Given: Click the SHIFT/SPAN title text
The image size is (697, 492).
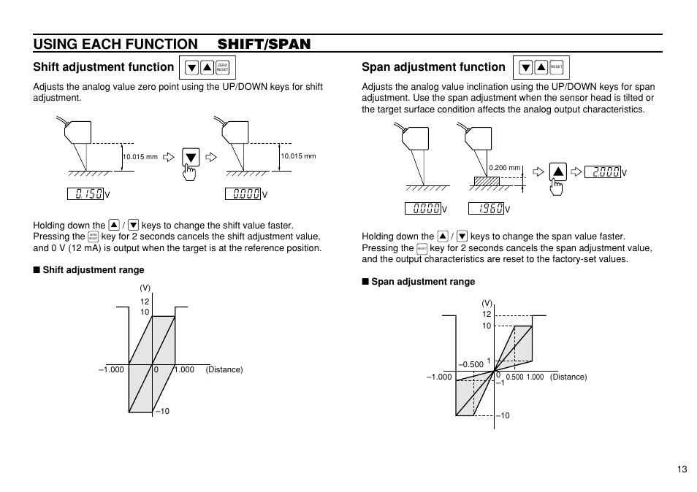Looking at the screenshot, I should tap(264, 44).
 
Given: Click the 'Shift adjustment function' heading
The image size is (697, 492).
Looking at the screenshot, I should tap(103, 67).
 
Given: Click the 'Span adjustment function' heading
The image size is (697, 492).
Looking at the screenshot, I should tap(433, 67).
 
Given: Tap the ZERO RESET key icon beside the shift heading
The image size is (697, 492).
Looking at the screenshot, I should tap(223, 68).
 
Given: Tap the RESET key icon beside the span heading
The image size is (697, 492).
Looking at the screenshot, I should tap(557, 68).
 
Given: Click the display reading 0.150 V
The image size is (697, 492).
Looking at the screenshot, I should tap(85, 193).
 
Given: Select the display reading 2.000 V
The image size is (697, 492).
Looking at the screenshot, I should tap(606, 172).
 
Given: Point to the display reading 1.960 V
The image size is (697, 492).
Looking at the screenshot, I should tap(486, 209).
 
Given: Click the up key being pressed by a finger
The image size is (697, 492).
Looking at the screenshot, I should tap(557, 172).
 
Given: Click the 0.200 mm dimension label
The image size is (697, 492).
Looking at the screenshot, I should tap(504, 168).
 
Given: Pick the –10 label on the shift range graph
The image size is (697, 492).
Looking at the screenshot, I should tap(162, 411).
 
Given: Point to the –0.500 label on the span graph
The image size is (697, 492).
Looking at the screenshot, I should tap(471, 364).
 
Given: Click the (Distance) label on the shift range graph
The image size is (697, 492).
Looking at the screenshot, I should tap(224, 369).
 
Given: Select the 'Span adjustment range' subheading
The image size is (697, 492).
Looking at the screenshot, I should tap(422, 282).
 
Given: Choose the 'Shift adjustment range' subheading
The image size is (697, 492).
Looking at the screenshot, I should tap(93, 270).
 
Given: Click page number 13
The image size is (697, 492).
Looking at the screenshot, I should tap(681, 469).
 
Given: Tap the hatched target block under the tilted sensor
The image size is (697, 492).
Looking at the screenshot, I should tap(484, 180).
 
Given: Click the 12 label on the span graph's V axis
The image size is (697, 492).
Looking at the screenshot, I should tap(487, 314).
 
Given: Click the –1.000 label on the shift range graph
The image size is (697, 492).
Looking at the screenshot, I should tap(111, 369).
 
